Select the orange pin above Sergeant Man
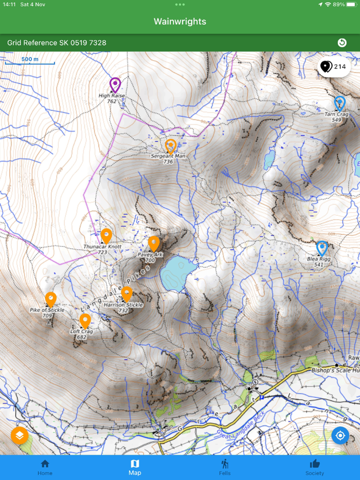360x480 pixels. point(171,145)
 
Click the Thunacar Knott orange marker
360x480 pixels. point(106,235)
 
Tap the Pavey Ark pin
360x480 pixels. point(154,243)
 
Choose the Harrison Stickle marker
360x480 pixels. point(127,293)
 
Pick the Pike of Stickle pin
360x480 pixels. point(50,299)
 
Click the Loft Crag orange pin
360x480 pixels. point(85,321)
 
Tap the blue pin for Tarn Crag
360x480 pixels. point(339,103)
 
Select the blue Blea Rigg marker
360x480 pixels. point(322,248)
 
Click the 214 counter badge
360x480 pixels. point(334,67)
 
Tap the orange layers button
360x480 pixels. point(20,436)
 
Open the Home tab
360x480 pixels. point(45,467)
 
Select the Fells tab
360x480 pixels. point(225,467)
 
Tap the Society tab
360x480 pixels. point(314,467)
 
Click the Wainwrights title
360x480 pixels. point(180,22)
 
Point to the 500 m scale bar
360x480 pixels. point(30,62)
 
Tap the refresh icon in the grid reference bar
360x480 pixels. point(342,43)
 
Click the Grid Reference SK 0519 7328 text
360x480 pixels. point(57,43)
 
